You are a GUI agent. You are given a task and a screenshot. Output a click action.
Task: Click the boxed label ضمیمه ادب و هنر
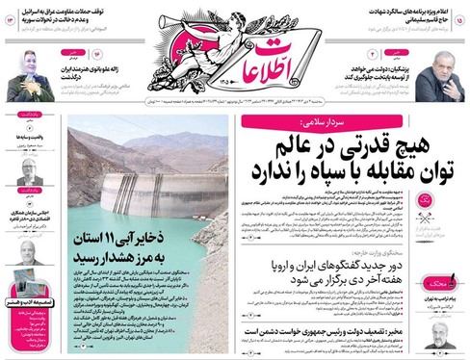27,302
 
